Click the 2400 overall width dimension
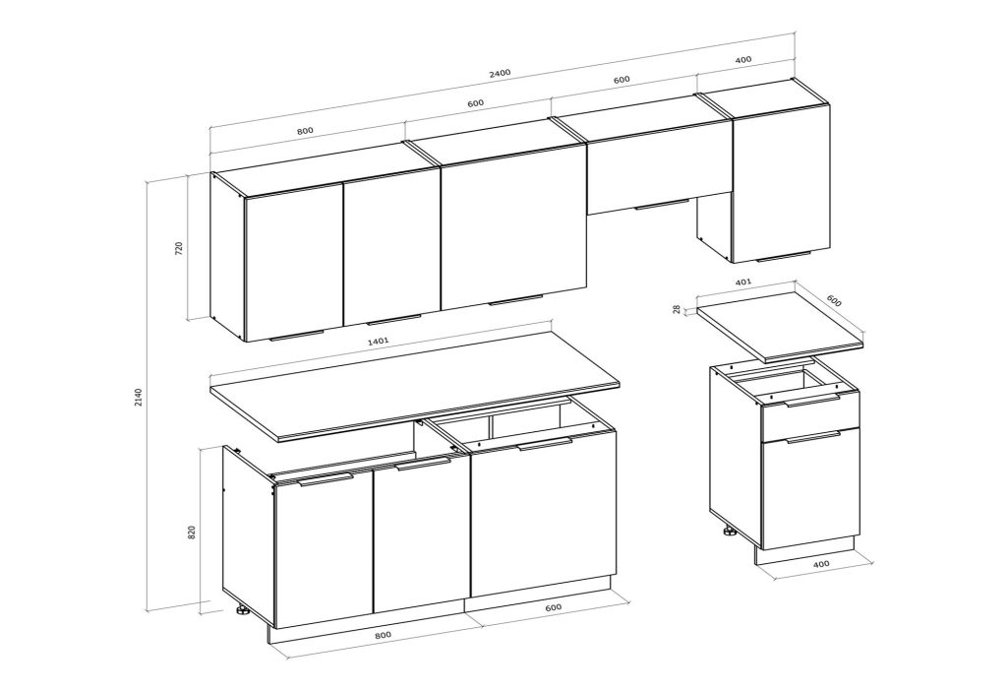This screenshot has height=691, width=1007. [500, 73]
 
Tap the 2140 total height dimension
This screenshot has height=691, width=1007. [137, 398]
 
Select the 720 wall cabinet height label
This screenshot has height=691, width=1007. [179, 249]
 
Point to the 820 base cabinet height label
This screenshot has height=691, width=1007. [192, 533]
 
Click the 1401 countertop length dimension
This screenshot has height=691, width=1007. [378, 341]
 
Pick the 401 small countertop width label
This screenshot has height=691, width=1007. [742, 282]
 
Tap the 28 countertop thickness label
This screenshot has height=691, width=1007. [677, 309]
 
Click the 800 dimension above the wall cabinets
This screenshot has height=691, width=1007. [305, 131]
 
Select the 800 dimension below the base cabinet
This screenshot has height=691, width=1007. [383, 635]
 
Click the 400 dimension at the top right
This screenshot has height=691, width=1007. [742, 60]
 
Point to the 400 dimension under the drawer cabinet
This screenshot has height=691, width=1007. [821, 564]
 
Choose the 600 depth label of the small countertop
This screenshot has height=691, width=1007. [833, 300]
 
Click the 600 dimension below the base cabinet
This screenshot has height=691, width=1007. [553, 606]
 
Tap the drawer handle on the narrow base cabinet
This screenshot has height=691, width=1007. [812, 401]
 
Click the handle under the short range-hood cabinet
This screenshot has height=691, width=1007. [662, 205]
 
